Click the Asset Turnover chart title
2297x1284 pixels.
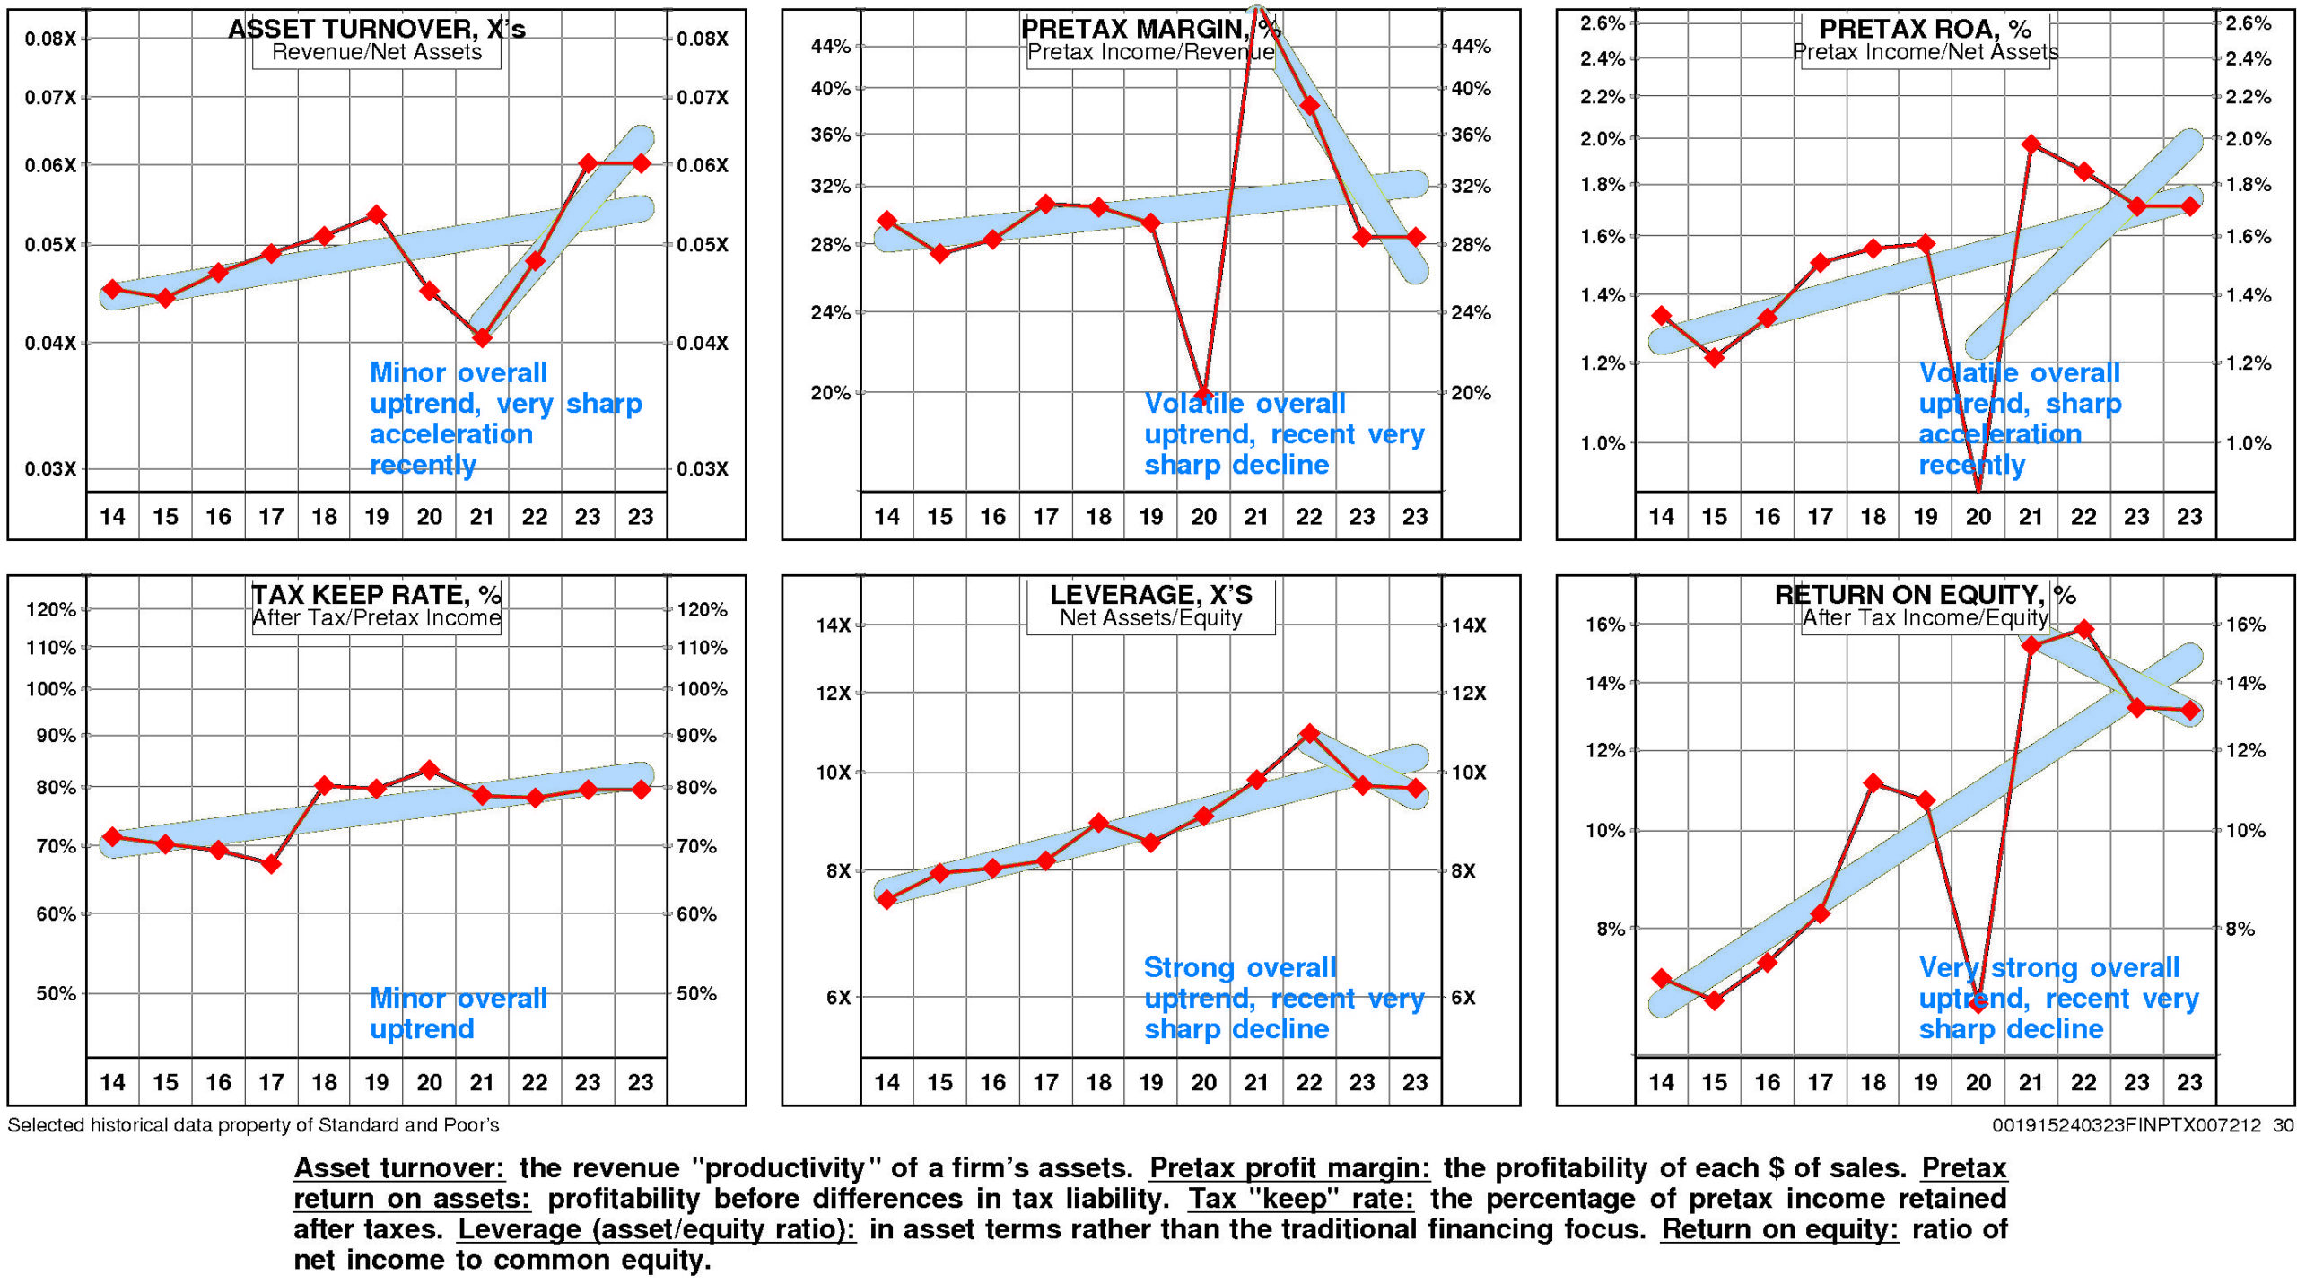pyautogui.click(x=376, y=29)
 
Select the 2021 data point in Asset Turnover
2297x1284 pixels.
pyautogui.click(x=482, y=338)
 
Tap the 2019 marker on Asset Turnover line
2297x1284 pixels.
pyautogui.click(x=377, y=214)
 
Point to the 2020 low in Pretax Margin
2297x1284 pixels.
pyautogui.click(x=1203, y=395)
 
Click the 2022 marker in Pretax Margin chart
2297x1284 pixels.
pyautogui.click(x=1309, y=106)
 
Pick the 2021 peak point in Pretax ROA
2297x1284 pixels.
pyautogui.click(x=2031, y=144)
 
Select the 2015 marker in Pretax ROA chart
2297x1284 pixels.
pyautogui.click(x=1714, y=358)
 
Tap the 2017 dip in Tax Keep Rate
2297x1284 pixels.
pyautogui.click(x=271, y=864)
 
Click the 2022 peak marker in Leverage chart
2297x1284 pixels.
pyautogui.click(x=1309, y=733)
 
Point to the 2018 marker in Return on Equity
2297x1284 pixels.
pyautogui.click(x=1873, y=783)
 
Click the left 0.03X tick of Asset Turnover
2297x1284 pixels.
pyautogui.click(x=50, y=469)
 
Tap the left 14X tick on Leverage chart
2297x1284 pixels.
pyautogui.click(x=833, y=625)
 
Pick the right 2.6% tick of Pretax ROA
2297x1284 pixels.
pyautogui.click(x=2249, y=23)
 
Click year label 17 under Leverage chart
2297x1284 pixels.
pyautogui.click(x=1045, y=1082)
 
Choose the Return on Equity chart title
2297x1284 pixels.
pyautogui.click(x=1925, y=595)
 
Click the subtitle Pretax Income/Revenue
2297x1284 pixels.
pyautogui.click(x=1150, y=52)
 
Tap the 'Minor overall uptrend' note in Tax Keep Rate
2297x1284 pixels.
pyautogui.click(x=458, y=1013)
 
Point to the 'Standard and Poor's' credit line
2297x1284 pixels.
pyautogui.click(x=253, y=1125)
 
